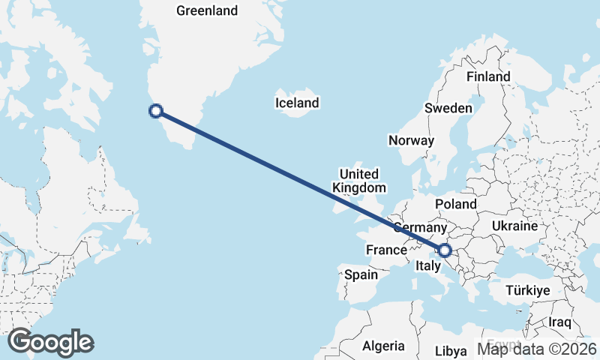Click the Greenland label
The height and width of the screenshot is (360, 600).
[x=206, y=10]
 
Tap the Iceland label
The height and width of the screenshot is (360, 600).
[x=297, y=103]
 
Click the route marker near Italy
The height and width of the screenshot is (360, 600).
[x=445, y=250]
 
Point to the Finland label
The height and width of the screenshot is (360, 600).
[x=487, y=76]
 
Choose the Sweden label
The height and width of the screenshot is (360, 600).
[x=448, y=108]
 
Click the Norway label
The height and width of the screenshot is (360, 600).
[x=411, y=140]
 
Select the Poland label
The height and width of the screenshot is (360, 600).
[x=455, y=204]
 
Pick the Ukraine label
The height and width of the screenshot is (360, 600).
[x=515, y=226]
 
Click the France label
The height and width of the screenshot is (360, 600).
[x=385, y=249]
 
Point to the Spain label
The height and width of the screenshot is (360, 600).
[x=361, y=274]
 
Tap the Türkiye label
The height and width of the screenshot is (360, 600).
[x=528, y=290]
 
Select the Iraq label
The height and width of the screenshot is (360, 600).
[x=559, y=322]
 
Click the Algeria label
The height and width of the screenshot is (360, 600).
[x=383, y=346]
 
